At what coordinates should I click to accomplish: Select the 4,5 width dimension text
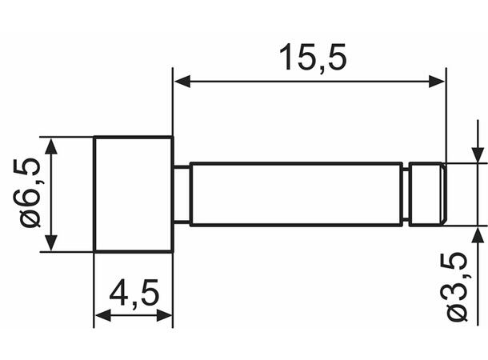[x=134, y=294]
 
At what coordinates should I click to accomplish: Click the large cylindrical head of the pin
[x=134, y=194]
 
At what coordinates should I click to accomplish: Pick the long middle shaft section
[x=296, y=194]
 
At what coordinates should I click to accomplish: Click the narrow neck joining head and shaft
[x=182, y=194]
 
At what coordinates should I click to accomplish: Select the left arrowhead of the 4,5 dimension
[x=102, y=315]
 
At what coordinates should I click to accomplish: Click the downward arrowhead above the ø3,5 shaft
[x=478, y=155]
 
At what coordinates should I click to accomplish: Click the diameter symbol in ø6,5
[x=30, y=217]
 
